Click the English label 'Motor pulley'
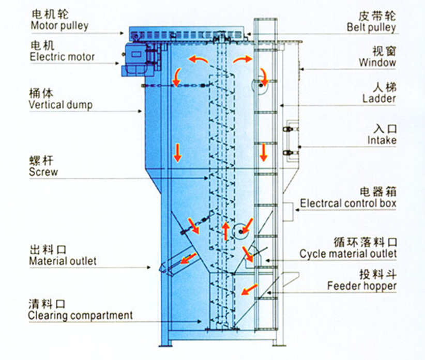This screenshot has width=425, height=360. (59, 25)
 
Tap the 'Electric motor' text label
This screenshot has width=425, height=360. (63, 57)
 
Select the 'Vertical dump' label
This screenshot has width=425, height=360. (61, 105)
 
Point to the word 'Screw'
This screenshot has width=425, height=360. (44, 172)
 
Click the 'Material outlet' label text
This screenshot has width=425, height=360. (63, 261)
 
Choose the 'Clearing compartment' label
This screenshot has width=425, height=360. (80, 315)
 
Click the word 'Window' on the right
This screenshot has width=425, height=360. (378, 63)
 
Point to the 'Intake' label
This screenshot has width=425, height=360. (382, 140)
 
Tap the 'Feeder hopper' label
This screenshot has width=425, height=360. (362, 286)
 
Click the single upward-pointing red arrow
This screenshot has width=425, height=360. (225, 230)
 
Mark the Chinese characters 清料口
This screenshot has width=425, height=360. (43, 304)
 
